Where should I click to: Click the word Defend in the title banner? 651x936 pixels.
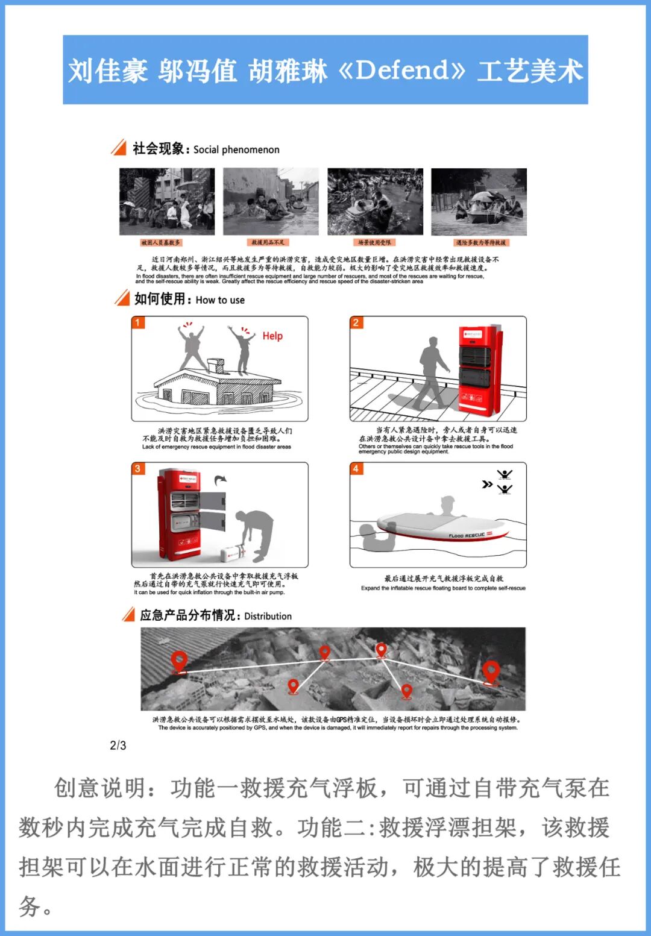coord(402,71)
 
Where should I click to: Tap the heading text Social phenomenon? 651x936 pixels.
coord(236,149)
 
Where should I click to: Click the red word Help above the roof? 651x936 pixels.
coord(272,336)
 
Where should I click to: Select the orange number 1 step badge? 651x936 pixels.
coord(137,322)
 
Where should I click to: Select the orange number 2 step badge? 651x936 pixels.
coord(356,322)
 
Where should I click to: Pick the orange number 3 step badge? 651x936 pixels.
coord(137,468)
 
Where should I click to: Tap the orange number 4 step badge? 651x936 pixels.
coord(356,468)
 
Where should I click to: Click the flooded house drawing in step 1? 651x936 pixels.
coord(217,386)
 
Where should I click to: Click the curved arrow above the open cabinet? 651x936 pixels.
coord(221,479)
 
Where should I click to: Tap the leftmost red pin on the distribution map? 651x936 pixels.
coord(178,661)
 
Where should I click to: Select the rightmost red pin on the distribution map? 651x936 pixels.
coord(491,671)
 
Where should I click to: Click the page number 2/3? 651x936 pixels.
coord(118,746)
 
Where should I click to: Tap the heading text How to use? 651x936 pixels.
coord(220,300)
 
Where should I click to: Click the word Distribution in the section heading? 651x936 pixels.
coord(268,616)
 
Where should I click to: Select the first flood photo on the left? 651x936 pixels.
coord(167,201)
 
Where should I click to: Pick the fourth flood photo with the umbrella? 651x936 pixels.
coord(479,201)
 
